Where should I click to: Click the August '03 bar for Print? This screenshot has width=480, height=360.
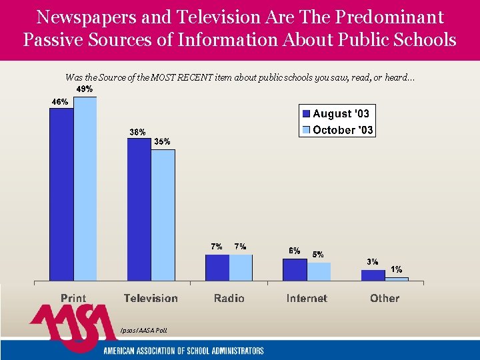(61, 194)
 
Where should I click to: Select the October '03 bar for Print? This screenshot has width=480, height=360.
(85, 189)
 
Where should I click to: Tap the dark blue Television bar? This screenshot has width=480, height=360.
(139, 209)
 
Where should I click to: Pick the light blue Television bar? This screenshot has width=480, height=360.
(163, 215)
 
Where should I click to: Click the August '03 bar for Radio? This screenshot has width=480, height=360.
(217, 267)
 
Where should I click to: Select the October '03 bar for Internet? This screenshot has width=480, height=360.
(319, 271)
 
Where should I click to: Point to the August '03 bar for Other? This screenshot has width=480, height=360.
(373, 275)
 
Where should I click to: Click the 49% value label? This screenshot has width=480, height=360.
(84, 89)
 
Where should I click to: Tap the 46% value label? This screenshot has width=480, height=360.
(60, 101)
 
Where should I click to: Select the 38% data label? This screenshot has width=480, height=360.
(137, 132)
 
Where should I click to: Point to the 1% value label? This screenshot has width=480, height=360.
(396, 270)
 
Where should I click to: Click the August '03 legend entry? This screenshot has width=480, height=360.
(337, 114)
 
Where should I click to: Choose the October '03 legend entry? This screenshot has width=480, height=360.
(337, 130)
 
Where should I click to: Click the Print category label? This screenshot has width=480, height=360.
(73, 299)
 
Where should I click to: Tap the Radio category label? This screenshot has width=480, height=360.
(229, 299)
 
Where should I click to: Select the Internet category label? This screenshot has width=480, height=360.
(307, 299)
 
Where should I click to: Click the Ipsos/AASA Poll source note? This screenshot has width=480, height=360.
(143, 330)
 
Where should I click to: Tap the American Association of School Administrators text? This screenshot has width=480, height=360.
(183, 351)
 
